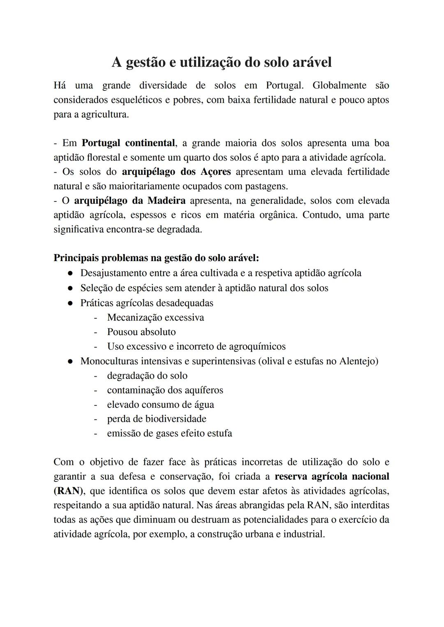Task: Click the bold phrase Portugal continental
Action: (129, 143)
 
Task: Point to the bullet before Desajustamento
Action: (71, 273)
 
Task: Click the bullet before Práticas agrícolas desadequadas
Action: (71, 303)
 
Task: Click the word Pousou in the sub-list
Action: (123, 332)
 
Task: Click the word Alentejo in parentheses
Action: (356, 361)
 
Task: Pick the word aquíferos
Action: (200, 390)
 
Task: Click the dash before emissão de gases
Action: (95, 433)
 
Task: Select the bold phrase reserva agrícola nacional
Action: (331, 477)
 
